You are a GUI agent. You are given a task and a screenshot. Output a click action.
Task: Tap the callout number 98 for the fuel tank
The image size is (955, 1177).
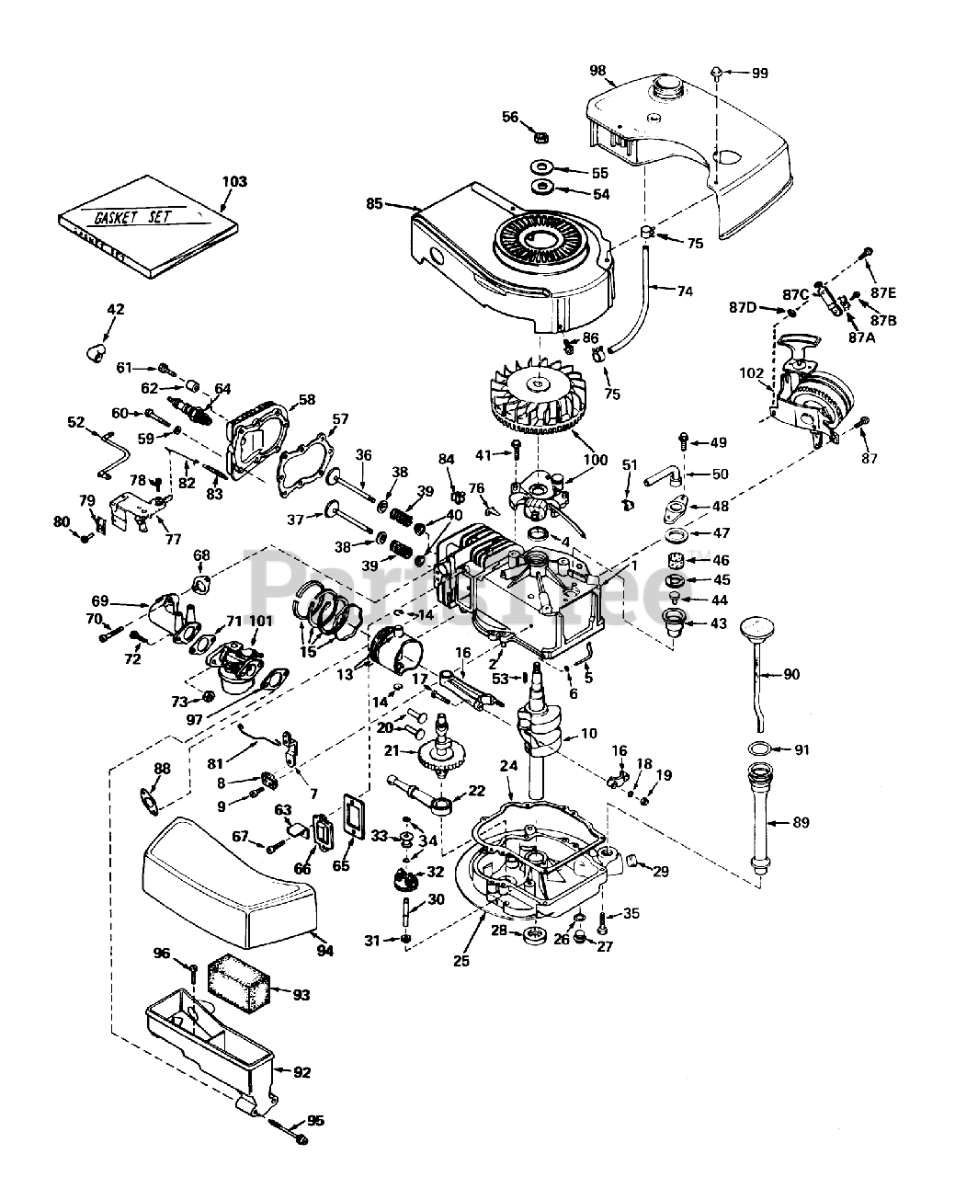(x=598, y=71)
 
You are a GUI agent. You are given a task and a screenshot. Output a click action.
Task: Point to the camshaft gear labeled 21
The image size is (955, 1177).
(x=442, y=758)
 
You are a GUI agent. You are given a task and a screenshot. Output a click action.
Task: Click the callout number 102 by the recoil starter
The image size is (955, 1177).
(x=752, y=373)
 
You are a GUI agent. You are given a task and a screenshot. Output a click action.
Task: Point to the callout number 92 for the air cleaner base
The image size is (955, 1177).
(x=301, y=1071)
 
